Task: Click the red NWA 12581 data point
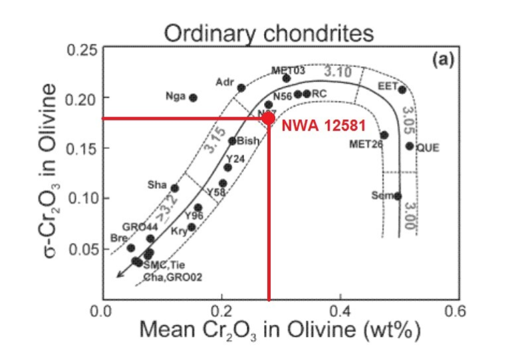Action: (268, 118)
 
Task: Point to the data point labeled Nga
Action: (194, 97)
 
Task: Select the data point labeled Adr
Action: (241, 88)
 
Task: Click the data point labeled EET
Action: (402, 90)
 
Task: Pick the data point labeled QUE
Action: (410, 146)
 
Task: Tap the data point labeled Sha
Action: (175, 188)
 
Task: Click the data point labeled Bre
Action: (131, 248)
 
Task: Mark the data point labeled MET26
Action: (384, 135)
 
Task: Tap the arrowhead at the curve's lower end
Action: (119, 273)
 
